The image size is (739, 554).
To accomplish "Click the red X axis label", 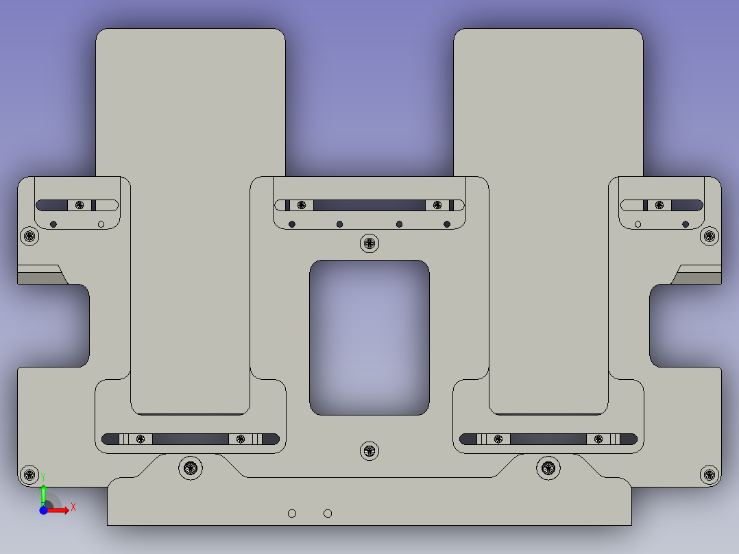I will point(73,507).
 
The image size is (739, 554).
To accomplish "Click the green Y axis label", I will point(43,475).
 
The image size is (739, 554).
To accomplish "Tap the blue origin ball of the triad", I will point(43,510).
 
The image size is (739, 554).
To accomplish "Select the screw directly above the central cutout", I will point(369,243).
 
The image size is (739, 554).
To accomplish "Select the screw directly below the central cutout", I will point(369,450).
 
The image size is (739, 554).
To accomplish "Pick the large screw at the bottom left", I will point(191,468).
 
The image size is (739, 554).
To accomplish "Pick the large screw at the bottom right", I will point(548,468).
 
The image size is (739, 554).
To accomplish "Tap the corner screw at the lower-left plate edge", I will point(29,474).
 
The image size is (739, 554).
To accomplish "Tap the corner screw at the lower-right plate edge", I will point(710,474).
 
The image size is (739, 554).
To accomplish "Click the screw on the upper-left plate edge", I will point(29,237).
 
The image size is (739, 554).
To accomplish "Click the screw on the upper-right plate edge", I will point(710,237).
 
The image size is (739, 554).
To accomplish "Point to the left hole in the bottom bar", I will point(292,514).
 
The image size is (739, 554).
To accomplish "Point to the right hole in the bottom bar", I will point(328,514).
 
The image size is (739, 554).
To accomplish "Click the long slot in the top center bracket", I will point(369,205).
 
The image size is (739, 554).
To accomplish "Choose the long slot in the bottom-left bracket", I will point(190,439).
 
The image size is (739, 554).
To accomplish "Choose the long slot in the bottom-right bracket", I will point(548,439).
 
